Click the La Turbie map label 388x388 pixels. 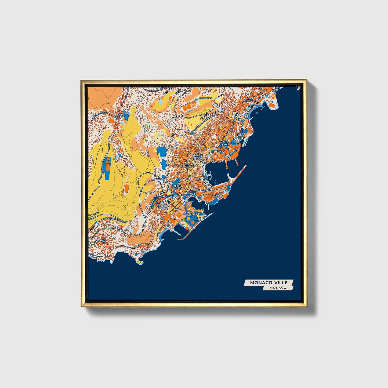[x=121, y=116]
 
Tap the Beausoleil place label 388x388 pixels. [x=205, y=98]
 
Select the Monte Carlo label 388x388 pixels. [x=224, y=143]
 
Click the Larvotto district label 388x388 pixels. [x=255, y=104]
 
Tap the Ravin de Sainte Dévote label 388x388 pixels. [x=198, y=157]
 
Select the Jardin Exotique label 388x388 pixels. [x=177, y=186]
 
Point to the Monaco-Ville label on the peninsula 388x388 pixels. [x=217, y=196]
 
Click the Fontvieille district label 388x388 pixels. [x=190, y=214]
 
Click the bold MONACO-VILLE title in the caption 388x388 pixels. [x=269, y=282]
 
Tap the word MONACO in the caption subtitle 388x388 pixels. [x=278, y=288]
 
